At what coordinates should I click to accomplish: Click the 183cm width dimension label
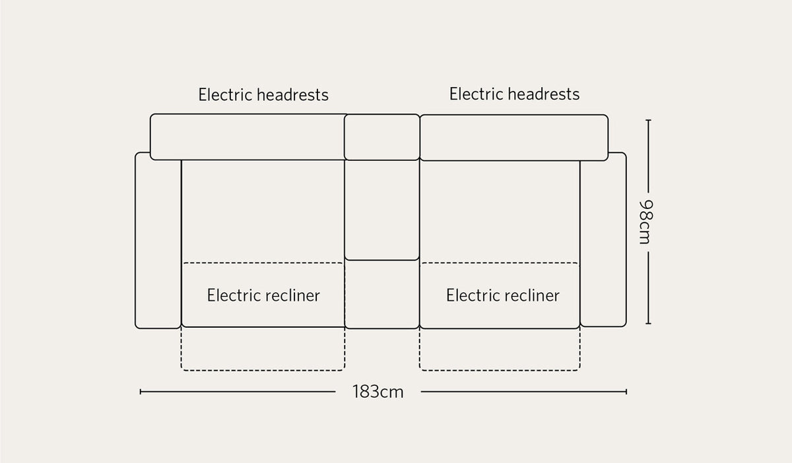pyautogui.click(x=378, y=392)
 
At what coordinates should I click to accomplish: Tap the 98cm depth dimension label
pyautogui.click(x=646, y=222)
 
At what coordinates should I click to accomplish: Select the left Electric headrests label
pyautogui.click(x=263, y=95)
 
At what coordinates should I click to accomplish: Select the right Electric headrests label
pyautogui.click(x=514, y=94)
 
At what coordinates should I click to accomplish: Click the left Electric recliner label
pyautogui.click(x=263, y=295)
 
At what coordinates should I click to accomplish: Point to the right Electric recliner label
pyautogui.click(x=503, y=295)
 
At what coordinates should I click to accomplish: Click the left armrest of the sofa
pyautogui.click(x=158, y=240)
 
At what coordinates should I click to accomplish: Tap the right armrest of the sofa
pyautogui.click(x=603, y=239)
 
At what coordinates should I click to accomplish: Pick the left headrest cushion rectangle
pyautogui.click(x=247, y=137)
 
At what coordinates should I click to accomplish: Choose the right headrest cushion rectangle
pyautogui.click(x=514, y=137)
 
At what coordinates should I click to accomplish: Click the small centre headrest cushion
pyautogui.click(x=382, y=137)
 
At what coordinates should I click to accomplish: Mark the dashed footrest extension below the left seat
pyautogui.click(x=263, y=349)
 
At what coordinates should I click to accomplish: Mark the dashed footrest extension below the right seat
pyautogui.click(x=500, y=349)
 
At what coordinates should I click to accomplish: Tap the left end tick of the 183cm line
pyautogui.click(x=141, y=392)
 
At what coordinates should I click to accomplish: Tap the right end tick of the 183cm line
pyautogui.click(x=626, y=392)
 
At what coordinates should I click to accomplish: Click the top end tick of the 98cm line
pyautogui.click(x=648, y=120)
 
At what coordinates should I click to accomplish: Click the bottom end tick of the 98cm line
pyautogui.click(x=648, y=323)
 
